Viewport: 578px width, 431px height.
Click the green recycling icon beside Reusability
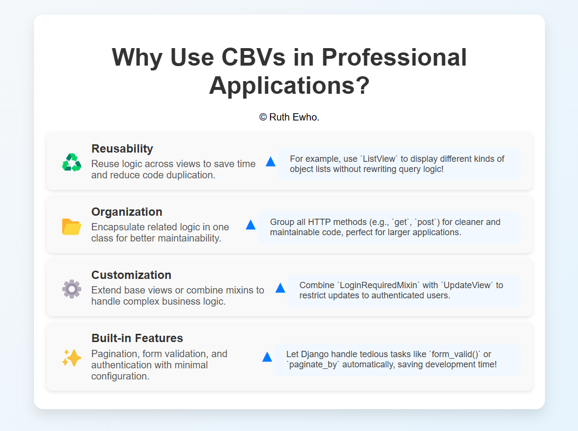coord(72,162)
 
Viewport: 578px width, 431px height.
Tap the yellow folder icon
coord(72,226)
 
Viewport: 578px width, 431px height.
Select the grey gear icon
coord(72,289)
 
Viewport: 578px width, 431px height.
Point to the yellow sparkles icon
coord(72,358)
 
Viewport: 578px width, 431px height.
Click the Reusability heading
coord(122,149)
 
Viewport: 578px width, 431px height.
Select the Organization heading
coord(127,212)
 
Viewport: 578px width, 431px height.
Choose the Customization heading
coord(131,275)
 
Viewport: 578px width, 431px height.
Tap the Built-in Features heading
coord(137,338)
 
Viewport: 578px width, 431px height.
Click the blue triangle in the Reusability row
coord(271,162)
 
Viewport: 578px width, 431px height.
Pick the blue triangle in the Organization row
coord(251,224)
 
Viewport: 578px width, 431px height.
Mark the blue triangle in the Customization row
coord(280,288)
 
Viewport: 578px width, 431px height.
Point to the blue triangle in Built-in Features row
coord(267,357)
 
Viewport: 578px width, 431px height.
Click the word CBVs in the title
coord(254,57)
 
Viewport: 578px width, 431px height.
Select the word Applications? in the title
coord(289,86)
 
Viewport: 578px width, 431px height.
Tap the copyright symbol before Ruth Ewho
coord(263,118)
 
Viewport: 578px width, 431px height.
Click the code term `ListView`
coord(379,159)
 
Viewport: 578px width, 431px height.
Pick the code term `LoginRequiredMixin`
coord(378,285)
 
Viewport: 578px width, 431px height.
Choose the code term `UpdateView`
coord(467,285)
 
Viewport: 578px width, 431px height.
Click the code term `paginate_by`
coord(313,364)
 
